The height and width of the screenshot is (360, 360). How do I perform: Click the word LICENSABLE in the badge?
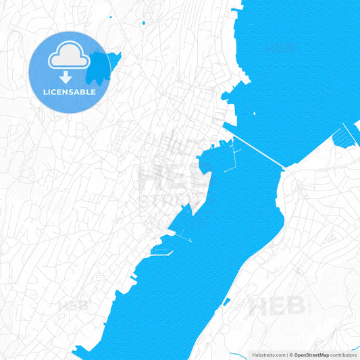pos(70,92)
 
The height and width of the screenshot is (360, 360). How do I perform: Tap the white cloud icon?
pos(70,55)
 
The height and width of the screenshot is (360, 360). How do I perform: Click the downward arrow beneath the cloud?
pos(70,76)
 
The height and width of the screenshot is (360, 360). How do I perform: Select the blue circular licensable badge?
pos(69,72)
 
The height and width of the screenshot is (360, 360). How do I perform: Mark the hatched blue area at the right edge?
pos(346,136)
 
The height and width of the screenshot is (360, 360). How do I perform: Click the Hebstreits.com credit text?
pos(268,355)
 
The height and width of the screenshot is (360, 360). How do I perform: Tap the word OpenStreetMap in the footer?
pos(311,355)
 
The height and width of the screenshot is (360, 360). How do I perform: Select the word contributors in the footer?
pos(343,355)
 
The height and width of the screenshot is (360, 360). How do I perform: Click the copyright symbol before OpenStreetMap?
pos(292,355)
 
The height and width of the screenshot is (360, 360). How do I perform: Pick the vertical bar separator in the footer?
pos(287,355)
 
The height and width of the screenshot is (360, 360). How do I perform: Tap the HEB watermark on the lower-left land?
pos(74,305)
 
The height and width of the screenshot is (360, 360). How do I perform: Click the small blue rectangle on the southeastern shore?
pos(227,301)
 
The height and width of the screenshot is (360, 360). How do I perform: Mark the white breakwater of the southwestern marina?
pos(162,255)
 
